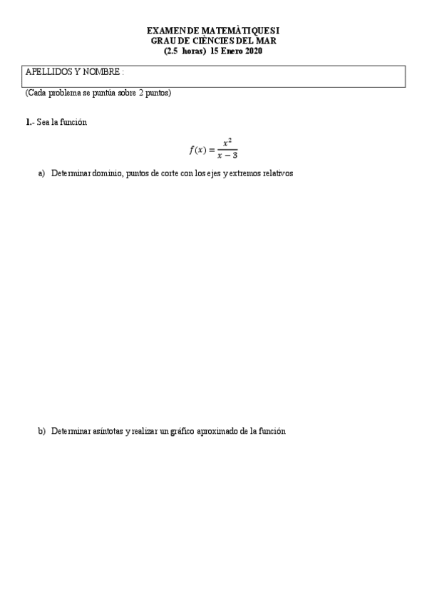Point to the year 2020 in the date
tap(252, 51)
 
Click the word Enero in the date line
tap(230, 51)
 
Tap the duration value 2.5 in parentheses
tap(171, 51)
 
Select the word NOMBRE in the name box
tap(102, 73)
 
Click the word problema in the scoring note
tap(65, 93)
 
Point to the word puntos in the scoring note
tap(158, 93)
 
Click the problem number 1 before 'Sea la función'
tap(28, 123)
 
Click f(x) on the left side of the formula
tap(197, 150)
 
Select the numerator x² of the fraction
tap(227, 142)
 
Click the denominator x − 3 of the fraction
tap(227, 156)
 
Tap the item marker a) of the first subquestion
tap(41, 174)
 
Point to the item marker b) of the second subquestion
tap(41, 431)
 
